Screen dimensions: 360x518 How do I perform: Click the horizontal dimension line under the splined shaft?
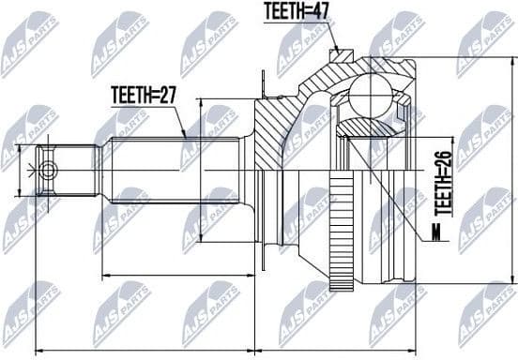pyautogui.click(x=178, y=277)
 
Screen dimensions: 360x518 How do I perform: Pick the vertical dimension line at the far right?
pyautogui.click(x=512, y=170)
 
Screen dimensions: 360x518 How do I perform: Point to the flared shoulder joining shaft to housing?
pyautogui.click(x=246, y=170)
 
